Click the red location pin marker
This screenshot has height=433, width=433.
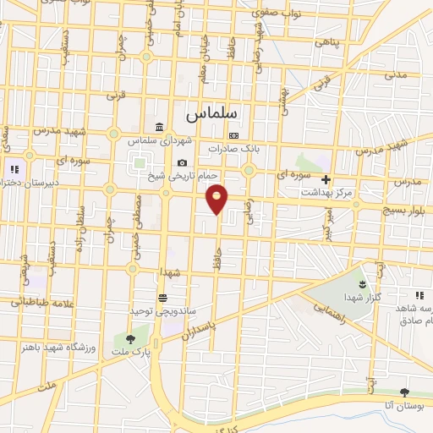point(217,198)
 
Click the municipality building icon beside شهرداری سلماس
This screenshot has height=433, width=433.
point(160,128)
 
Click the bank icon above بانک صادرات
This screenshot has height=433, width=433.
point(234,136)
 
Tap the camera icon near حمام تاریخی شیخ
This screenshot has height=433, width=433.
point(182,163)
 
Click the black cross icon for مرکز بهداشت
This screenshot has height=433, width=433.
point(326,179)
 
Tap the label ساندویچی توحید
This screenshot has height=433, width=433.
point(158,310)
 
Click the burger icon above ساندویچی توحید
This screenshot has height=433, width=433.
point(162,297)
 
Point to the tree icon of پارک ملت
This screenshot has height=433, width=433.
point(129,338)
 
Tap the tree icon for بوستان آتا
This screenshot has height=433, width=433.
point(403,392)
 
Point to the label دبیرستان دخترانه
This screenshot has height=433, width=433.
point(19,183)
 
